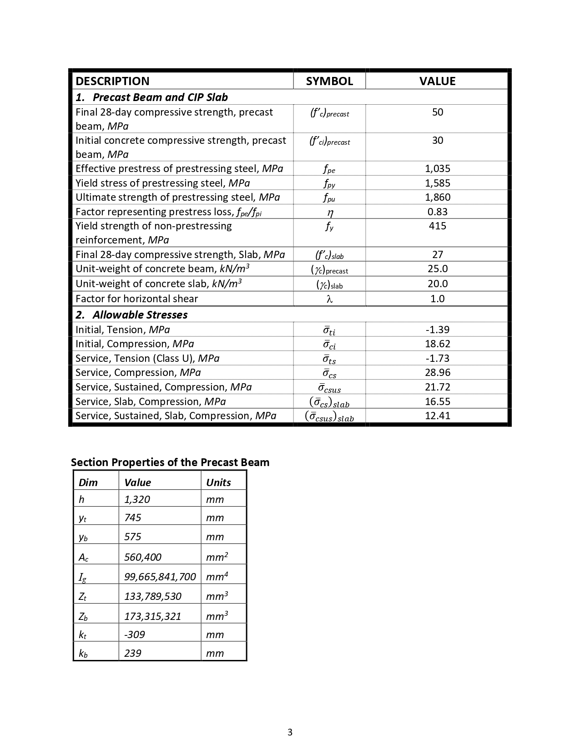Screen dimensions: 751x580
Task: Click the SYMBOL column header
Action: tap(329, 81)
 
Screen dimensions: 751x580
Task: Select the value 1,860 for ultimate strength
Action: tap(437, 197)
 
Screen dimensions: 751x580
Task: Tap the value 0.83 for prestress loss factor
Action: tap(437, 212)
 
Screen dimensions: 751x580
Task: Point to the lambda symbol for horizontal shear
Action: tap(329, 299)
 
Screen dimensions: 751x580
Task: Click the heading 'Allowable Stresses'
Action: tap(140, 315)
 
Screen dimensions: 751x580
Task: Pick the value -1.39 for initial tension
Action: tap(437, 330)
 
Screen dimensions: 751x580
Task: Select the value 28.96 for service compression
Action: tap(437, 372)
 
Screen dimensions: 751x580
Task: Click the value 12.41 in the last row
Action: tap(437, 416)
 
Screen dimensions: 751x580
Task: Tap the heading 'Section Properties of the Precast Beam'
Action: tap(170, 462)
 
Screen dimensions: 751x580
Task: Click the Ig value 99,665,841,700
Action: tap(160, 577)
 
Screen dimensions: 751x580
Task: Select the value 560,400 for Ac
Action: tap(143, 557)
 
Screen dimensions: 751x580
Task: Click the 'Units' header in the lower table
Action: tap(218, 482)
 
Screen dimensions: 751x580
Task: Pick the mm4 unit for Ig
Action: tap(217, 577)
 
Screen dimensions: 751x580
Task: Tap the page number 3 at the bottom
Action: tap(290, 732)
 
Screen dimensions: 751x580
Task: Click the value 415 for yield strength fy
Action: tap(437, 226)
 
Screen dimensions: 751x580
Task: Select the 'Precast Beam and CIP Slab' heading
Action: tap(160, 97)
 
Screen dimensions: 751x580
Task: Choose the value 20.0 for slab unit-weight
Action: tap(437, 284)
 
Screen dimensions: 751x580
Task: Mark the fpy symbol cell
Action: tap(329, 183)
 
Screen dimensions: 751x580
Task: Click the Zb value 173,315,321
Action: tap(152, 616)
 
